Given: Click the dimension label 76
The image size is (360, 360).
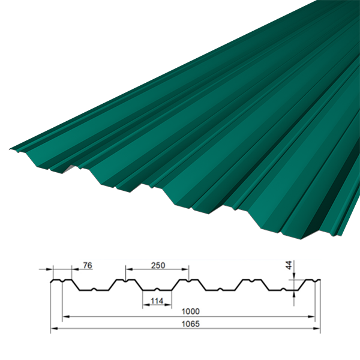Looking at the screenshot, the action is click(x=88, y=265).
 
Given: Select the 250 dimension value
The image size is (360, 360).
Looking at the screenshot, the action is click(x=158, y=265).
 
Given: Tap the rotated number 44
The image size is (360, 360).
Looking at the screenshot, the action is click(x=289, y=265).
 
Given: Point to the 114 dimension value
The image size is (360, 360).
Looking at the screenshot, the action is click(x=157, y=301).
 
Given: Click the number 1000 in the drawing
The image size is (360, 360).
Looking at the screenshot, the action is click(x=191, y=311).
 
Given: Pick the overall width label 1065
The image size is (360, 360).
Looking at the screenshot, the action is click(x=191, y=324).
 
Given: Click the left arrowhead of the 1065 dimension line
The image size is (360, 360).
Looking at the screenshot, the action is click(x=54, y=329).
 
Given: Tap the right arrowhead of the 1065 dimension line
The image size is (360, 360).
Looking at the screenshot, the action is click(x=317, y=329).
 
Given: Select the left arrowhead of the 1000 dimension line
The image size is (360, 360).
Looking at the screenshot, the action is click(x=66, y=317).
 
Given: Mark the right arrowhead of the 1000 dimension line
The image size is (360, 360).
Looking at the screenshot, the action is click(x=311, y=317).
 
